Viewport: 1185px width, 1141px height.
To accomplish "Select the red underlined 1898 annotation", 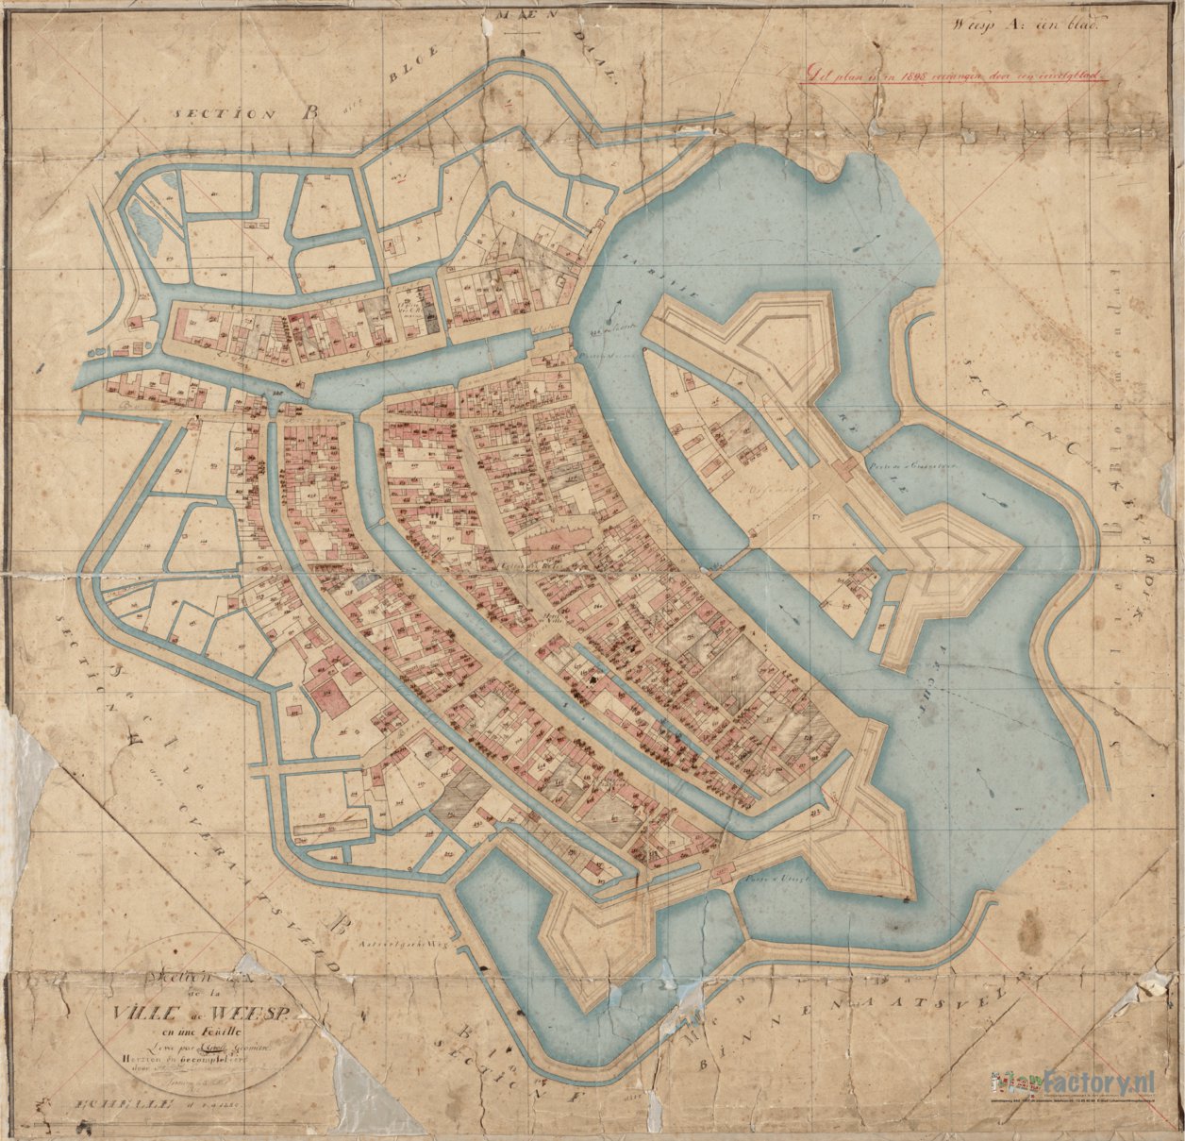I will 953,73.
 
